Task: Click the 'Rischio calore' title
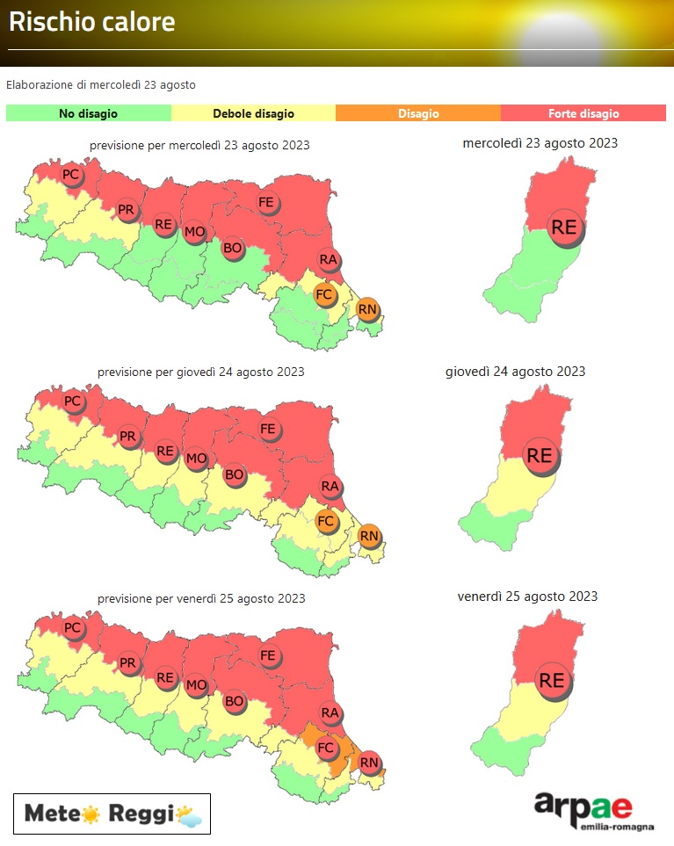click(92, 22)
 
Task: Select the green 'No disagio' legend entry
click(88, 113)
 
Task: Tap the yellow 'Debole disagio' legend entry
click(253, 113)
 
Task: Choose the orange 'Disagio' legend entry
click(418, 113)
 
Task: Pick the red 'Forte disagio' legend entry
click(583, 113)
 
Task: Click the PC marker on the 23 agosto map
click(71, 175)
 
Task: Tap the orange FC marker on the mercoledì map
click(324, 294)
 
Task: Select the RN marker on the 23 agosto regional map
click(367, 308)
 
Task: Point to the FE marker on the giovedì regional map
click(269, 430)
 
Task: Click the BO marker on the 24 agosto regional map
click(234, 475)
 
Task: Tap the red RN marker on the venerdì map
click(369, 763)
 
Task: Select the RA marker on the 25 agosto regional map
click(330, 712)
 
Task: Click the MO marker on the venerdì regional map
click(196, 684)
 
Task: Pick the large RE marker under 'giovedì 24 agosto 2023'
click(539, 456)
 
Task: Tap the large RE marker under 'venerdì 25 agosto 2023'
click(552, 680)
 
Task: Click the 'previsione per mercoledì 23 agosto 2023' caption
click(199, 145)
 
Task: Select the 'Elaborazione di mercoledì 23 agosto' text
click(101, 85)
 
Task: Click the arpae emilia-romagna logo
click(582, 810)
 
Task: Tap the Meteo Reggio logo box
click(112, 813)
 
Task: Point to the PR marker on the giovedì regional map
click(128, 437)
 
